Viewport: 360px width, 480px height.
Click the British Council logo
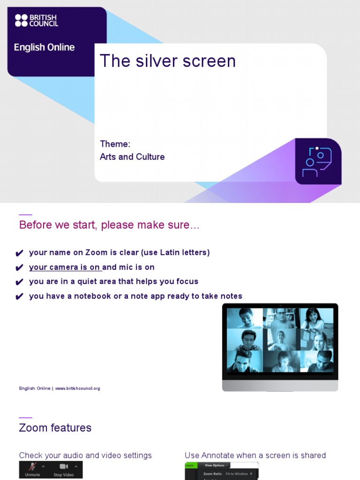pos(37,20)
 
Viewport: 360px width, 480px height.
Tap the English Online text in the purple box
pos(44,47)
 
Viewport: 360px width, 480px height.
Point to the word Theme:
pos(115,144)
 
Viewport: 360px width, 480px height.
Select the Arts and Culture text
pos(132,157)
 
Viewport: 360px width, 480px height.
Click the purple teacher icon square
pos(318,161)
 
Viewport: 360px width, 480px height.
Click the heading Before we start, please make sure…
pos(109,225)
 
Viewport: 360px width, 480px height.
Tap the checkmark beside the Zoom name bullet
pos(19,254)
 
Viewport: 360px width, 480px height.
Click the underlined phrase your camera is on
pos(65,267)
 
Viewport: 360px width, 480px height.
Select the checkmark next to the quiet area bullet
pos(19,283)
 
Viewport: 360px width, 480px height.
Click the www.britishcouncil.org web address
pos(78,389)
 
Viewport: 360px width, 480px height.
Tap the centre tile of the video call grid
pos(280,339)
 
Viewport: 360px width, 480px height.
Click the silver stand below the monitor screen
pos(280,385)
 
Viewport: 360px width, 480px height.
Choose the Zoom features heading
pos(55,428)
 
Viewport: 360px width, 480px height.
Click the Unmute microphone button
pos(32,469)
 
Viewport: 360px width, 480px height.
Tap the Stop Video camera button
pos(64,469)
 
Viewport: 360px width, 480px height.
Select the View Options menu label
pos(216,465)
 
